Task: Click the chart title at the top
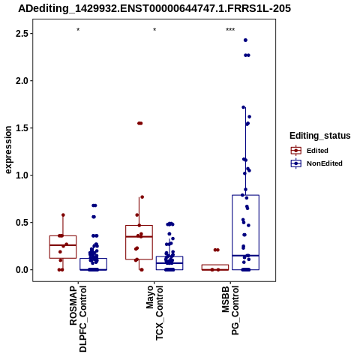pos(154,8)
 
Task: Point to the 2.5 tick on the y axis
pos(22,34)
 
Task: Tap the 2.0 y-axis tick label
pos(22,81)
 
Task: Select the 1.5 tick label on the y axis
pos(22,128)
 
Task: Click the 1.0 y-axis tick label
pos(22,175)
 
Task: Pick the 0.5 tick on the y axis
pos(22,223)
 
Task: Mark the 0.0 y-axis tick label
pos(22,270)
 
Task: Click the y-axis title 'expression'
pos(8,150)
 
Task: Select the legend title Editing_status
pos(320,136)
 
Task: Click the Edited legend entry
pos(317,151)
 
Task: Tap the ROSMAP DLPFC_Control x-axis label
pos(78,319)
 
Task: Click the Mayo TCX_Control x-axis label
pos(154,313)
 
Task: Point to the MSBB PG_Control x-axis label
pos(230,310)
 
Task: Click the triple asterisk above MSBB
pos(230,30)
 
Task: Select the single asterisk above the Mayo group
pos(154,30)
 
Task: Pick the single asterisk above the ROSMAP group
pos(78,30)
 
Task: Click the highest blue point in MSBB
pos(245,40)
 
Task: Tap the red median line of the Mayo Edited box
pos(139,236)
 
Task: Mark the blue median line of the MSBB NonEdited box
pos(245,256)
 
